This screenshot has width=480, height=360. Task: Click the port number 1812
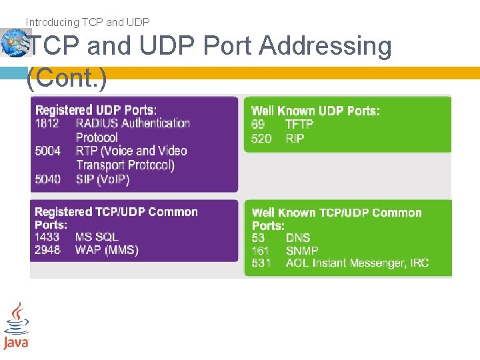pyautogui.click(x=47, y=123)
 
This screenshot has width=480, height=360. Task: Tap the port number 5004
pyautogui.click(x=47, y=151)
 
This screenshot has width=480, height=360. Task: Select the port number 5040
pyautogui.click(x=47, y=179)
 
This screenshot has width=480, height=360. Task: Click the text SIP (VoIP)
pyautogui.click(x=103, y=179)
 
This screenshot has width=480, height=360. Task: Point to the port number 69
pyautogui.click(x=258, y=125)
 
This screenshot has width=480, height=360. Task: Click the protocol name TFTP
pyautogui.click(x=299, y=125)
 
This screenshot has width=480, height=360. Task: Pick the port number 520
pyautogui.click(x=261, y=139)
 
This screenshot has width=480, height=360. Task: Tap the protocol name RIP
pyautogui.click(x=295, y=139)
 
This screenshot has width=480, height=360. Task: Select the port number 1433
pyautogui.click(x=47, y=237)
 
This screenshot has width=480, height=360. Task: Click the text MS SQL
pyautogui.click(x=97, y=237)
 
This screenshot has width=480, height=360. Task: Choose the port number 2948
pyautogui.click(x=47, y=250)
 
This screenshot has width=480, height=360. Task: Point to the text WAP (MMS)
pyautogui.click(x=107, y=250)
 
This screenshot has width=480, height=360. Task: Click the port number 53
pyautogui.click(x=258, y=238)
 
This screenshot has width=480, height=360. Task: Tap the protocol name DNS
pyautogui.click(x=298, y=238)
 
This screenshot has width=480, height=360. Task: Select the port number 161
pyautogui.click(x=260, y=251)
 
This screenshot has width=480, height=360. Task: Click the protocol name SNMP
pyautogui.click(x=302, y=251)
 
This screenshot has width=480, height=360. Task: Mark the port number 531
pyautogui.click(x=261, y=263)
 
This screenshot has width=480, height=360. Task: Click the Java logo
pyautogui.click(x=16, y=326)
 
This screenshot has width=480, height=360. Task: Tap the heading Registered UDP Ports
pyautogui.click(x=96, y=110)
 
